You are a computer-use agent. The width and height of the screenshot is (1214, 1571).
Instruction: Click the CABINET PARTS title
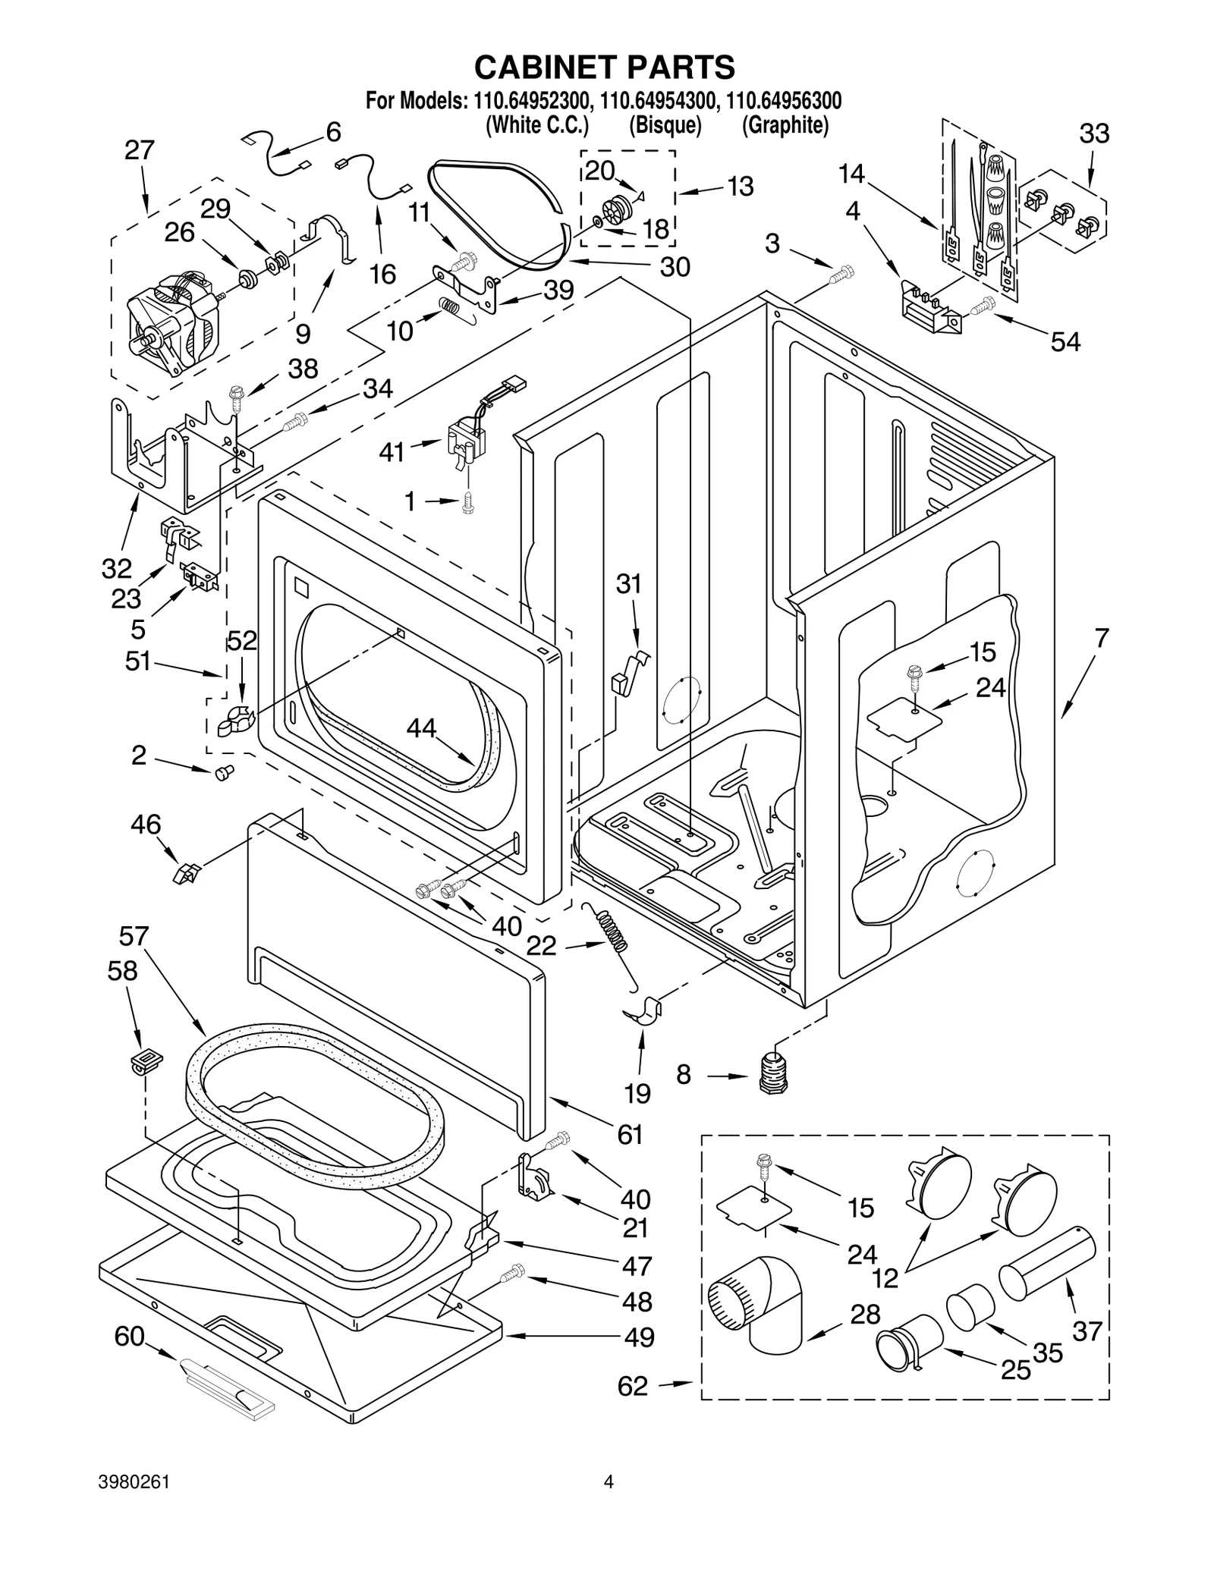click(604, 68)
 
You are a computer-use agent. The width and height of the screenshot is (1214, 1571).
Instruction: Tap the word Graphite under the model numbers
click(785, 125)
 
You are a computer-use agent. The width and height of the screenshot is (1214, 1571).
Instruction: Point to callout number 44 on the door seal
click(421, 728)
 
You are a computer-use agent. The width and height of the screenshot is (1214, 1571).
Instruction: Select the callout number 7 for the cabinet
click(1101, 638)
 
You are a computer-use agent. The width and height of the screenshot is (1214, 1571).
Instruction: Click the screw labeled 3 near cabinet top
click(841, 274)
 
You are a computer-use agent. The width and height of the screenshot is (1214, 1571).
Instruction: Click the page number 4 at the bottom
click(607, 1497)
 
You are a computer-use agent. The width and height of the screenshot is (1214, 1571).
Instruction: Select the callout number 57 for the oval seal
click(134, 938)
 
